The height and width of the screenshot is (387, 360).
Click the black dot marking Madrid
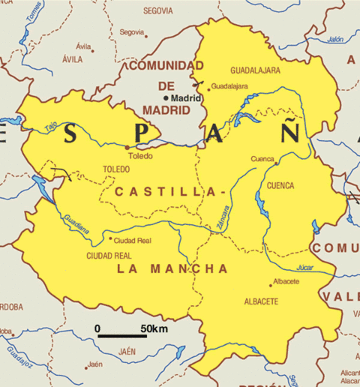point(167,98)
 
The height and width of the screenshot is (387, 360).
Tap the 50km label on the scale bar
point(153,328)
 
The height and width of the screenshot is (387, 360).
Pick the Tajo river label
point(50,127)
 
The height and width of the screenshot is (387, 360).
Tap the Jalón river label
point(335,39)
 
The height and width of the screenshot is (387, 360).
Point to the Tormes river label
point(33,10)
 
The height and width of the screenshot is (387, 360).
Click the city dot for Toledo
point(127,148)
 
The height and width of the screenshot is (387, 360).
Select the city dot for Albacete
point(271,285)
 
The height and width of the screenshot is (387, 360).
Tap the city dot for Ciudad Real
point(111,240)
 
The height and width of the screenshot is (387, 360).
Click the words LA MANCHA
point(172,268)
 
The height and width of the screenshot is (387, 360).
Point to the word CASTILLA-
point(170,193)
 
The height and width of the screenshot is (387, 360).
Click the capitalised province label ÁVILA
point(73,58)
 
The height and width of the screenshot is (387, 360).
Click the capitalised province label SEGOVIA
point(157,11)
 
